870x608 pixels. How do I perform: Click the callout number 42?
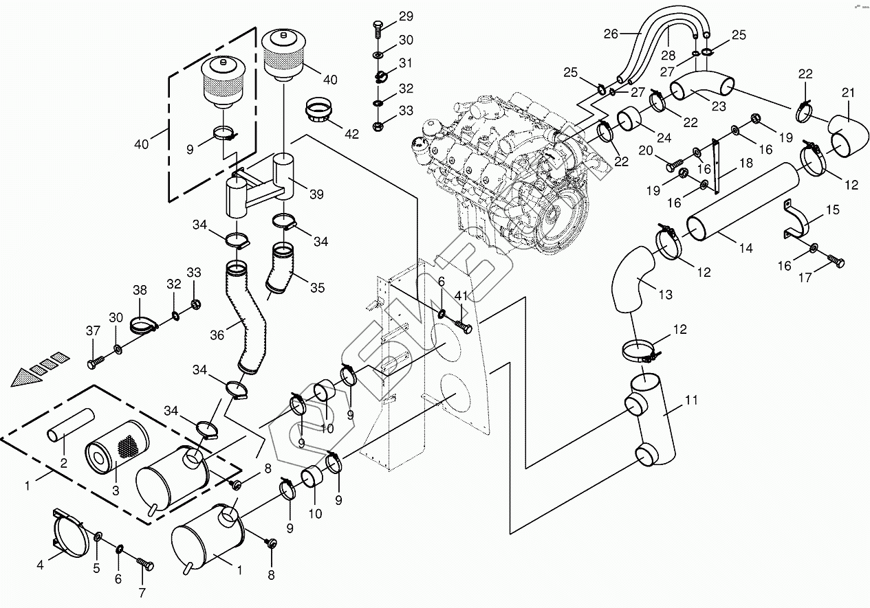pos(352,134)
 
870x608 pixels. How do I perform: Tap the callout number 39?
pos(316,194)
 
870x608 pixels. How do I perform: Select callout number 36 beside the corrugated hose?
pos(217,335)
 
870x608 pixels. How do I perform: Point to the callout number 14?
pos(746,248)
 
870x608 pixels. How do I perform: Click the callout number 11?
pos(691,400)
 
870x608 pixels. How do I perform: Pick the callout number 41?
pos(461,296)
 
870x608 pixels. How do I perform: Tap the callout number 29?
pos(406,16)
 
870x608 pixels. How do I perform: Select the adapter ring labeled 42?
pos(318,109)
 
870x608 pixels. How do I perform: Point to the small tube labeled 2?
pos(71,426)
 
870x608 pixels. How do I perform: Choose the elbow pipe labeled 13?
pos(634,279)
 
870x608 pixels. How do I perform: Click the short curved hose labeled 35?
pos(280,271)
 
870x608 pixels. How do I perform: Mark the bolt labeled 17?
pos(834,263)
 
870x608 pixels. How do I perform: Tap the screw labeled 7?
pos(145,564)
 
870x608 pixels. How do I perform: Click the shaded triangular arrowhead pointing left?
pos(26,378)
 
